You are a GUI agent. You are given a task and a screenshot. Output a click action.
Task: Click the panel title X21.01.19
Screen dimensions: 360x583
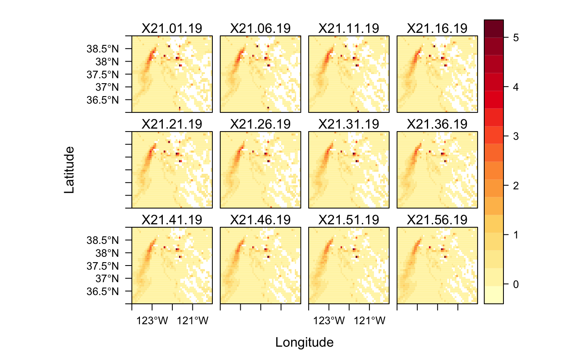coord(172,28)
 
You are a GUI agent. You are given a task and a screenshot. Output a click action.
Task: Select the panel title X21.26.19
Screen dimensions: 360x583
coord(260,124)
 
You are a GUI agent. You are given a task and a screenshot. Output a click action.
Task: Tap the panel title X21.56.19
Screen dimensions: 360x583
coord(437,220)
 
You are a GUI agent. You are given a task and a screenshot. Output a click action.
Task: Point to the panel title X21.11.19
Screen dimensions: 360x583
coord(349,28)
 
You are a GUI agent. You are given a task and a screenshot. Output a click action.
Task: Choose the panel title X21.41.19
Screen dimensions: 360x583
coord(172,220)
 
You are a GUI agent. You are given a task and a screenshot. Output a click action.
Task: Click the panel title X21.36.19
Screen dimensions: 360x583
coord(437,124)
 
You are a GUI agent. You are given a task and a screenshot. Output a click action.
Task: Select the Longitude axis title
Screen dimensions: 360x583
coord(304,343)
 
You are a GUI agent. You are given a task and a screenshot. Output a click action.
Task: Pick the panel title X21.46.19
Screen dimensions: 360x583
coord(260,220)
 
